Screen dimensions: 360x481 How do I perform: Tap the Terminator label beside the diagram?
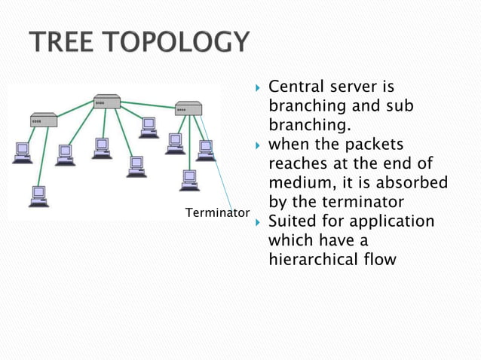click(216, 213)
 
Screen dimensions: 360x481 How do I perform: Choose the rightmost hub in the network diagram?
click(188, 108)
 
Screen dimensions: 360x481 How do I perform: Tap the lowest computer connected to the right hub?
click(189, 179)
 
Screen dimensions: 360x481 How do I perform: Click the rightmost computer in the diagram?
click(204, 150)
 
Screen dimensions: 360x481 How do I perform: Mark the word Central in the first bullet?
click(296, 87)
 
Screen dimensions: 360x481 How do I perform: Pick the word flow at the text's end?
click(378, 261)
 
